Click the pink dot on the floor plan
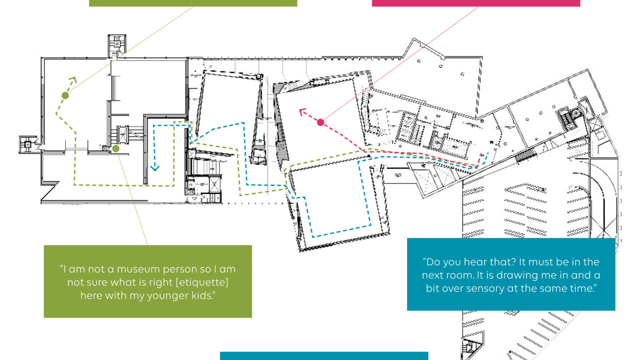[x=320, y=123]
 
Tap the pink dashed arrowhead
[x=302, y=112]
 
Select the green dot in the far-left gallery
[x=65, y=96]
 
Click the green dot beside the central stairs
[x=116, y=148]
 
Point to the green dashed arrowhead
[x=73, y=80]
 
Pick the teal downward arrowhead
[x=155, y=168]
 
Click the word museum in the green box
[x=136, y=269]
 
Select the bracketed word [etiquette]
[x=202, y=282]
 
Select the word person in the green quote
[x=175, y=270]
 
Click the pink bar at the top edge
[x=476, y=3]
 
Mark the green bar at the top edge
[x=193, y=3]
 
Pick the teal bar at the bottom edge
[x=324, y=356]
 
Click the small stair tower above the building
[x=116, y=46]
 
